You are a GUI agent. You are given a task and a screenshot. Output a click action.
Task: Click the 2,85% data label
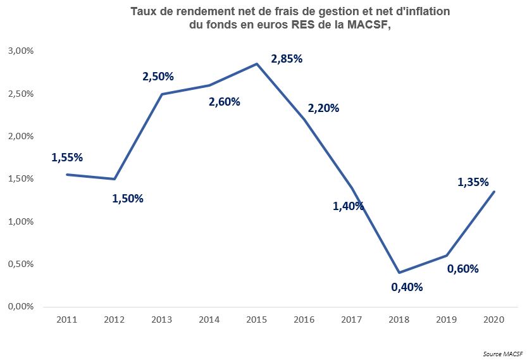[287, 59]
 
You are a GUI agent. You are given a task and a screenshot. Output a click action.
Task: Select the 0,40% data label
[407, 287]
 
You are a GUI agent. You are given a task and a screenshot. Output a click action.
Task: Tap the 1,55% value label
[67, 158]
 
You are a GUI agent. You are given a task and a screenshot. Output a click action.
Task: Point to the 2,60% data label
[225, 101]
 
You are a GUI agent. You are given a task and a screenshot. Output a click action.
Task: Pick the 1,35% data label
[473, 182]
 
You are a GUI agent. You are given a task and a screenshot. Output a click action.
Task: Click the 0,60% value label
[463, 268]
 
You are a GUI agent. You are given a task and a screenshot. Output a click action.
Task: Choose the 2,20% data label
[324, 108]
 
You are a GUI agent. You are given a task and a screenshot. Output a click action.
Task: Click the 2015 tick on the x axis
[256, 320]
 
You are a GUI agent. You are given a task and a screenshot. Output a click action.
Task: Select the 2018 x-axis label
[399, 320]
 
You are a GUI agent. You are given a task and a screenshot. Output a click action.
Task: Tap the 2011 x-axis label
[67, 320]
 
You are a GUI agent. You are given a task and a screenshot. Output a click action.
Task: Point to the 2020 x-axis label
[493, 320]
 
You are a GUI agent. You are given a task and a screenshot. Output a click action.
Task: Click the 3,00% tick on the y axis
[21, 51]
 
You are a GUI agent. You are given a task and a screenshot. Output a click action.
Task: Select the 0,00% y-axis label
[21, 307]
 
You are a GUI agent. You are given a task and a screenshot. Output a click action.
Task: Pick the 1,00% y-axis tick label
[21, 221]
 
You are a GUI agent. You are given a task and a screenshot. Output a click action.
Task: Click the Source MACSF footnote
[503, 354]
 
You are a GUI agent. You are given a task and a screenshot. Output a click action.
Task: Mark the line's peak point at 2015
[257, 63]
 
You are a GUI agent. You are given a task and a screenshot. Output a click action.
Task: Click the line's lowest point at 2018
[399, 272]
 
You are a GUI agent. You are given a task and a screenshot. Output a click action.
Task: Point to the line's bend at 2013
[162, 94]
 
